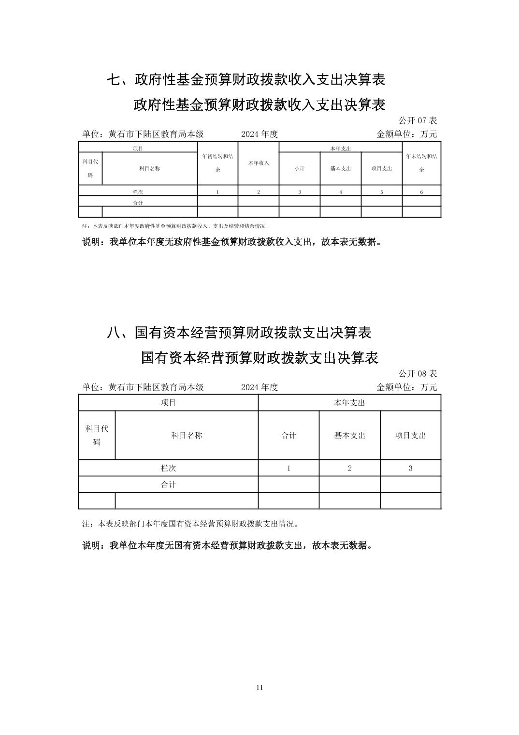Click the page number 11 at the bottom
[x=259, y=688]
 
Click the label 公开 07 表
[x=418, y=120]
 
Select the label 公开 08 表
[x=418, y=373]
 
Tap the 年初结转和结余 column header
[x=217, y=163]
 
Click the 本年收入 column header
[x=259, y=163]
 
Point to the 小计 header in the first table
[x=300, y=169]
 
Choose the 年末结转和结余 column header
[x=421, y=163]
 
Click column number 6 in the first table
[x=421, y=192]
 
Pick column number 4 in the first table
[x=341, y=192]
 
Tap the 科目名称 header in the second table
[x=187, y=435]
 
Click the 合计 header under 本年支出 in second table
[x=288, y=435]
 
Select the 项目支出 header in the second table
[x=410, y=435]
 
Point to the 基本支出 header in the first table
[x=341, y=169]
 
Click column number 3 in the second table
[x=410, y=468]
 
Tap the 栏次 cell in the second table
[x=168, y=468]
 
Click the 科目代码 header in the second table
[x=97, y=435]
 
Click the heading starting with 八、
[x=239, y=333]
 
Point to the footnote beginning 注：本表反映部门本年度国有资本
[x=191, y=524]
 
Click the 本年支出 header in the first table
[x=341, y=148]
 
